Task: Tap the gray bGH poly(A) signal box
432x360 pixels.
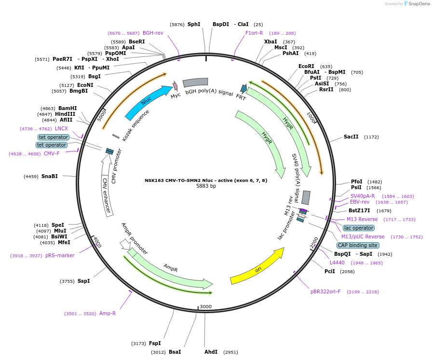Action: [195, 83]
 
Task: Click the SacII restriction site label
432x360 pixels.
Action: [351, 137]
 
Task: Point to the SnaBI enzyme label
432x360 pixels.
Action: [50, 177]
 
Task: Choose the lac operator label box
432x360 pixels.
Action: [358, 228]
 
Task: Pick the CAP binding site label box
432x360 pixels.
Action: [358, 245]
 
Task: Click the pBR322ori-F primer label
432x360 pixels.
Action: [325, 292]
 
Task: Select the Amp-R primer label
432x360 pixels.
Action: [108, 313]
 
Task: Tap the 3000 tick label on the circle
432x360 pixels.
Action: [205, 306]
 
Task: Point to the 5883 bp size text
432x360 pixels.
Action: [206, 186]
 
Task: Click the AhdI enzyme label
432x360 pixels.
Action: [211, 352]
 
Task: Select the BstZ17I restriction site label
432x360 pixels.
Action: [359, 210]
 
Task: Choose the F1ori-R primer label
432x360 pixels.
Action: [254, 33]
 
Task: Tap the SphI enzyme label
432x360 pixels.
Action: [194, 24]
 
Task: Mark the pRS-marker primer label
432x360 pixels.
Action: [60, 256]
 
